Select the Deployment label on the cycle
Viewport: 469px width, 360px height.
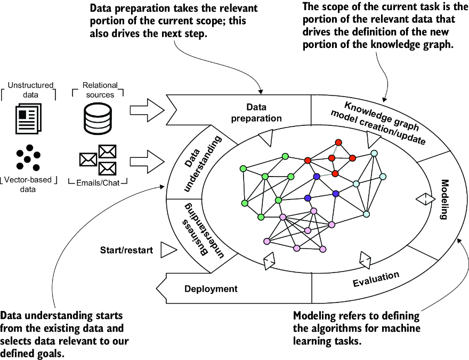(211, 289)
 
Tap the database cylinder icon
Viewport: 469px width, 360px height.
(98, 118)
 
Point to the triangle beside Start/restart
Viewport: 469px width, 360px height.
(167, 249)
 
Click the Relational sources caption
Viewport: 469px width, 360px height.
(98, 90)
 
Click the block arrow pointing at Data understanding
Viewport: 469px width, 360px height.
(148, 159)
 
